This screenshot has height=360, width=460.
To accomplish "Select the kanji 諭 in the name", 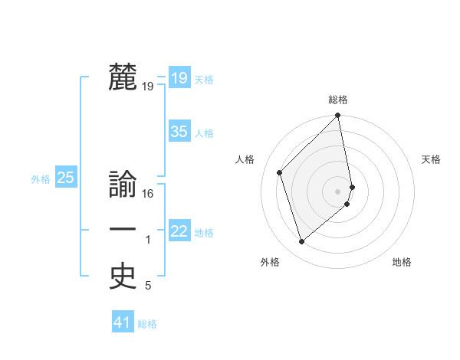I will (x=123, y=185).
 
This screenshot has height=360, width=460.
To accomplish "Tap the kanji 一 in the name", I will (x=123, y=231).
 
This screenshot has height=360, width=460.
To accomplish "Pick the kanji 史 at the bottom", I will (x=123, y=277).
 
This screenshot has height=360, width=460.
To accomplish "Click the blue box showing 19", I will (x=179, y=78).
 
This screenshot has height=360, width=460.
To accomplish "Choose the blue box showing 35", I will (x=179, y=132).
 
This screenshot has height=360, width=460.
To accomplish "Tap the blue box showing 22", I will (x=179, y=231).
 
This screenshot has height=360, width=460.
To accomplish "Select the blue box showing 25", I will (x=65, y=178).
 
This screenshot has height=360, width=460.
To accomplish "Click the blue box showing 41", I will (x=123, y=322).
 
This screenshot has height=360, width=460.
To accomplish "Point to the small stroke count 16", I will (x=148, y=194).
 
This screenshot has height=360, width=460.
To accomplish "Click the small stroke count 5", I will (x=148, y=286).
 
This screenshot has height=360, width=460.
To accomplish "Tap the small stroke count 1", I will (x=148, y=241).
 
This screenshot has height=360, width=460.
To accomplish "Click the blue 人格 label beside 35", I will (x=204, y=133).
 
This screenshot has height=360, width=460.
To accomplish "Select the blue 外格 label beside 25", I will (x=41, y=179).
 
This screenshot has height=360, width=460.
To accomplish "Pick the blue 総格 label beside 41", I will (x=147, y=324).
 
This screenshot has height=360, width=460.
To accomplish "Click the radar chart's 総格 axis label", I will (x=338, y=100).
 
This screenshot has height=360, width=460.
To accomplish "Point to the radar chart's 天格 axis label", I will (x=432, y=159).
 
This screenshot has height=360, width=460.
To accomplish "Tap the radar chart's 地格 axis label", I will (x=402, y=262).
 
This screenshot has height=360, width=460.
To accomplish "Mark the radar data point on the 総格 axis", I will (x=338, y=116).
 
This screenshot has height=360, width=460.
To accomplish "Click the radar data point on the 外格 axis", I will (x=301, y=242).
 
